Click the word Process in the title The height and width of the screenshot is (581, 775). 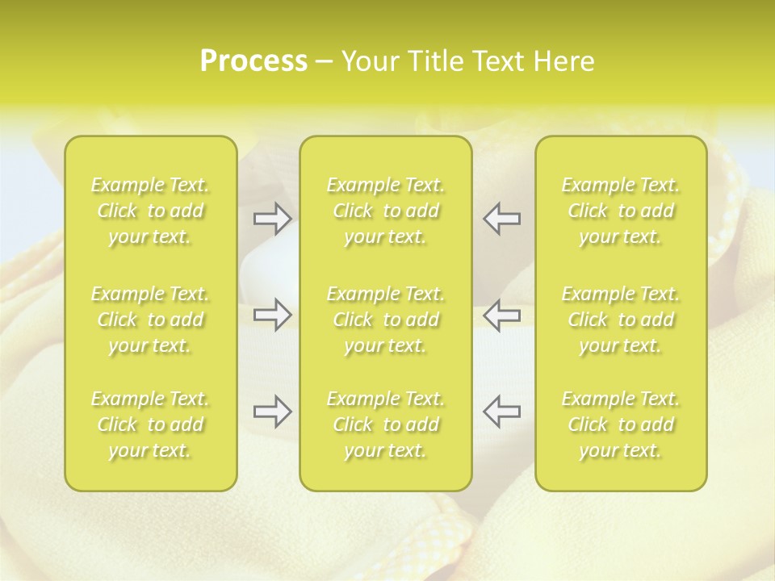253,61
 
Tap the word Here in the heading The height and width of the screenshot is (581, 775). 563,61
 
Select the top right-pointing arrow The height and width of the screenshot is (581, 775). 272,219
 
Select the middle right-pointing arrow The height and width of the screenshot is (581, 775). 272,316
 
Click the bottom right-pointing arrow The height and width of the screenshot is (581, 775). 272,412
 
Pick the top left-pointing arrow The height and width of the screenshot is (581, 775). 501,219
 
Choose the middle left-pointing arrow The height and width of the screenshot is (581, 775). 501,316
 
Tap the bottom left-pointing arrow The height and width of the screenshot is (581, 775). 501,412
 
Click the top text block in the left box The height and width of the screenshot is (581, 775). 150,211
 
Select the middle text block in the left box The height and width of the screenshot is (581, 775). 150,320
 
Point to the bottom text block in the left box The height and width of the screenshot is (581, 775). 150,424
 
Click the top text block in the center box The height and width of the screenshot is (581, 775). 386,211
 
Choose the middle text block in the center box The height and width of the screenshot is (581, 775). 386,320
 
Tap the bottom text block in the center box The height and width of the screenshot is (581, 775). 386,424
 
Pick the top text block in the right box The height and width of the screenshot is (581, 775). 621,211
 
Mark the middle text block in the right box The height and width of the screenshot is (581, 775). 621,320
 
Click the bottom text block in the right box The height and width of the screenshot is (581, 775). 621,424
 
